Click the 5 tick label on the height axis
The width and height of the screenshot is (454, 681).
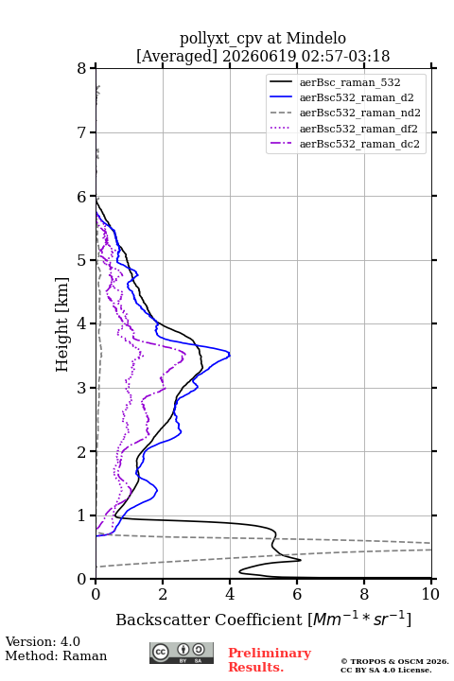(x=82, y=260)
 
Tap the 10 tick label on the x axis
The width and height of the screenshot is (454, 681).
(x=430, y=594)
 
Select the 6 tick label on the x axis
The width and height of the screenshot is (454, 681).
(x=297, y=594)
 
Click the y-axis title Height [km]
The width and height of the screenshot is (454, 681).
(x=62, y=324)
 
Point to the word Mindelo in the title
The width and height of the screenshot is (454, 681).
(x=316, y=38)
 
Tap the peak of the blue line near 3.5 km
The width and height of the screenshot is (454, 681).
(x=230, y=355)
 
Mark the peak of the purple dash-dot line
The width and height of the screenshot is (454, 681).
(x=185, y=354)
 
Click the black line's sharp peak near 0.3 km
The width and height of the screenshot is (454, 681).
(x=301, y=560)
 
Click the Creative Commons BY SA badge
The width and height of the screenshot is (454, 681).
(x=182, y=653)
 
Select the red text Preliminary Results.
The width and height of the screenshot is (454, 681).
(x=270, y=660)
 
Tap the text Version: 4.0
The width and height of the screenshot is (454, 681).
(x=43, y=641)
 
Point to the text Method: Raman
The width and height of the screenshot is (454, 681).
(x=56, y=655)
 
